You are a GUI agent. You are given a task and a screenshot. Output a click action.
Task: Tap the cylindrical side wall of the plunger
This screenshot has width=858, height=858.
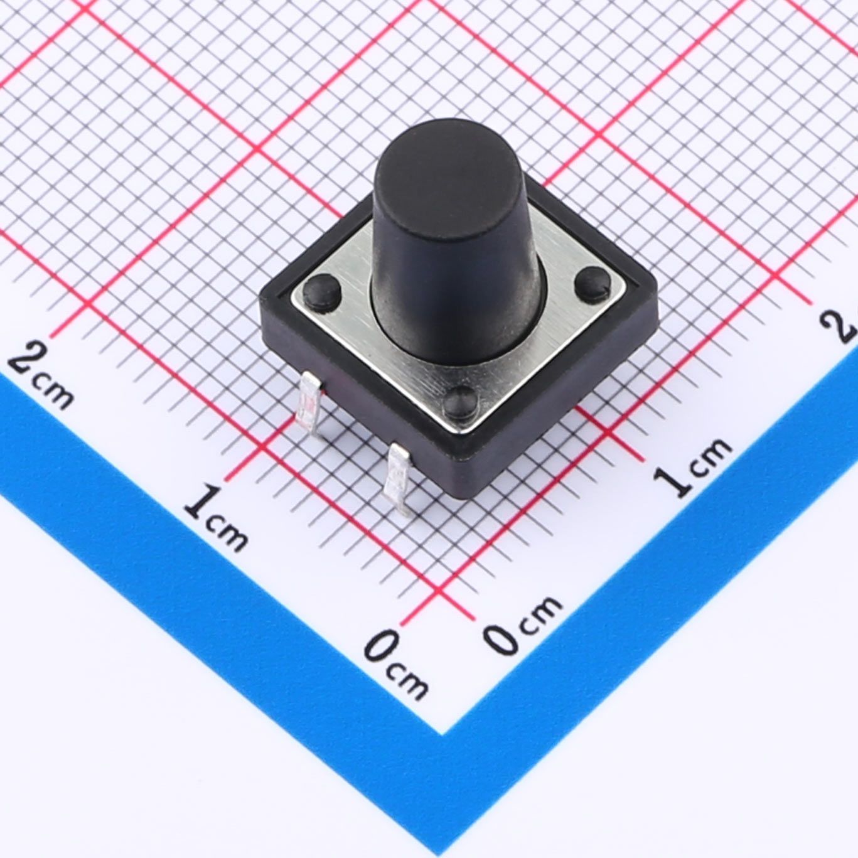454,285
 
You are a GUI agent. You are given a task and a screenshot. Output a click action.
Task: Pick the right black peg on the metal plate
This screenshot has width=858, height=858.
593,283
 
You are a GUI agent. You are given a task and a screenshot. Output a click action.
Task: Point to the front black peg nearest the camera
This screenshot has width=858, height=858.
461,403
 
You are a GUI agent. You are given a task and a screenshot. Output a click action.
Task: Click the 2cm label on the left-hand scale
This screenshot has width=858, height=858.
41,376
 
